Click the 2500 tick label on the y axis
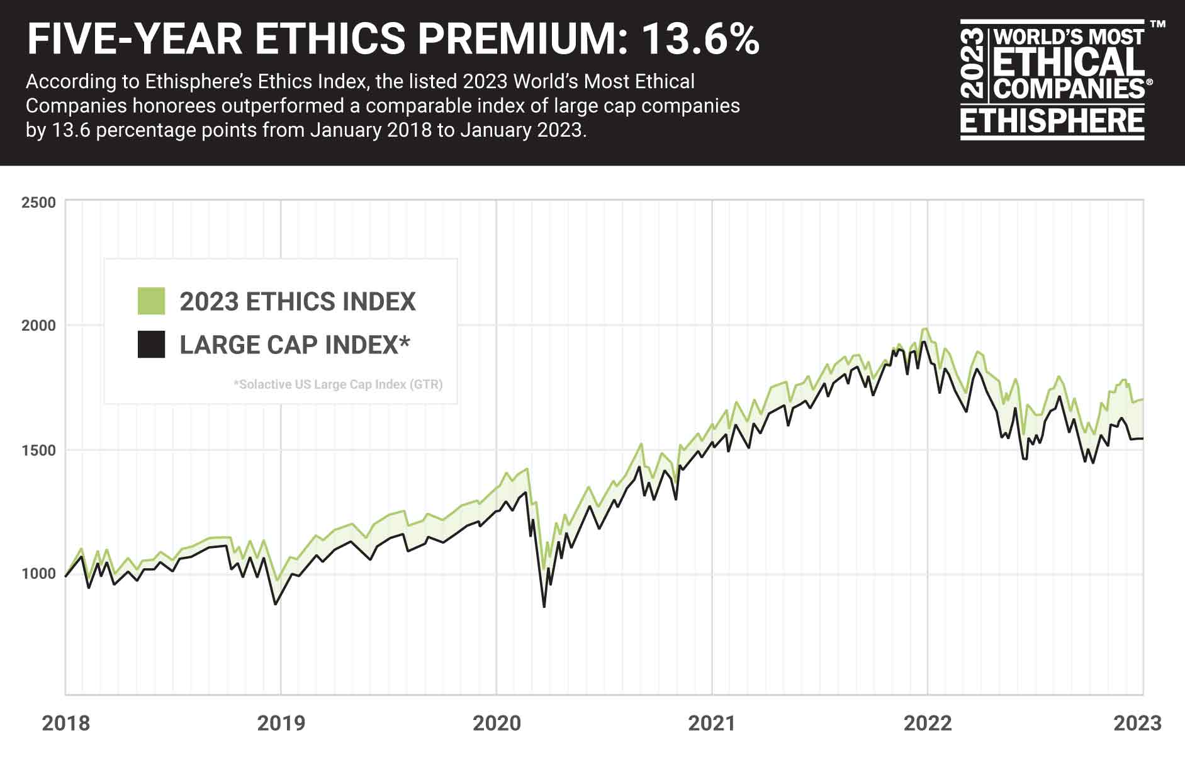pyautogui.click(x=38, y=203)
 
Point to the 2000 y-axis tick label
pyautogui.click(x=38, y=326)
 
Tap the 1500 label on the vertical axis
pyautogui.click(x=38, y=450)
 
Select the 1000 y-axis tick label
pyautogui.click(x=38, y=574)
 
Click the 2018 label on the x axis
pyautogui.click(x=65, y=723)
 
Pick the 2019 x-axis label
pyautogui.click(x=281, y=723)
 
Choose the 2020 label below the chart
pyautogui.click(x=497, y=723)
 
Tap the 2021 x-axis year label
pyautogui.click(x=712, y=723)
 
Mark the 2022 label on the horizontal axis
pyautogui.click(x=928, y=723)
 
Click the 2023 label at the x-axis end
pyautogui.click(x=1137, y=723)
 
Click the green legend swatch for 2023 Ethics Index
pyautogui.click(x=151, y=301)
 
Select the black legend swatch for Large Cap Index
pyautogui.click(x=151, y=345)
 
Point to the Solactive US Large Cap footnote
pyautogui.click(x=338, y=384)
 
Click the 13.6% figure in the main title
pyautogui.click(x=700, y=39)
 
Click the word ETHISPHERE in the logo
pyautogui.click(x=1052, y=121)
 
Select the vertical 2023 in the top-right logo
pyautogui.click(x=974, y=63)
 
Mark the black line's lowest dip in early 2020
pyautogui.click(x=544, y=607)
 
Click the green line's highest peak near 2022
pyautogui.click(x=924, y=329)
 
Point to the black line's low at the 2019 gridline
pyautogui.click(x=275, y=604)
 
